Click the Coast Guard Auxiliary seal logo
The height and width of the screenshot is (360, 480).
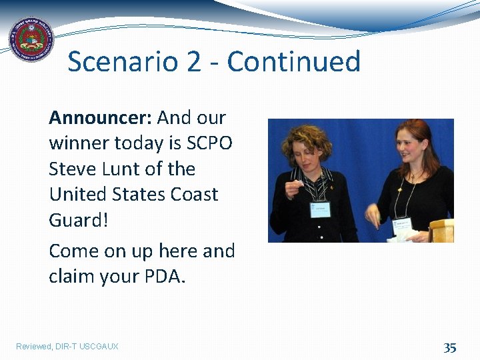point(30,39)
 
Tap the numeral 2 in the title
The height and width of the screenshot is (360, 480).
point(193,62)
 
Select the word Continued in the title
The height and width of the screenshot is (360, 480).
point(293,62)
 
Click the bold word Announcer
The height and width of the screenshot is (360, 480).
point(100,118)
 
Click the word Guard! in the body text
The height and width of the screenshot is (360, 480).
point(78,220)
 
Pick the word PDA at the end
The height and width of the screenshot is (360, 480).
point(163,276)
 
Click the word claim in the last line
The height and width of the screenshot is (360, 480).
point(73,276)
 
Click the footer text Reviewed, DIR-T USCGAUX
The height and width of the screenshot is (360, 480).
point(67,347)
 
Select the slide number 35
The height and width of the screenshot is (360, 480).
point(450,347)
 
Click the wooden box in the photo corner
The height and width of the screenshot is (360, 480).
point(441,231)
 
